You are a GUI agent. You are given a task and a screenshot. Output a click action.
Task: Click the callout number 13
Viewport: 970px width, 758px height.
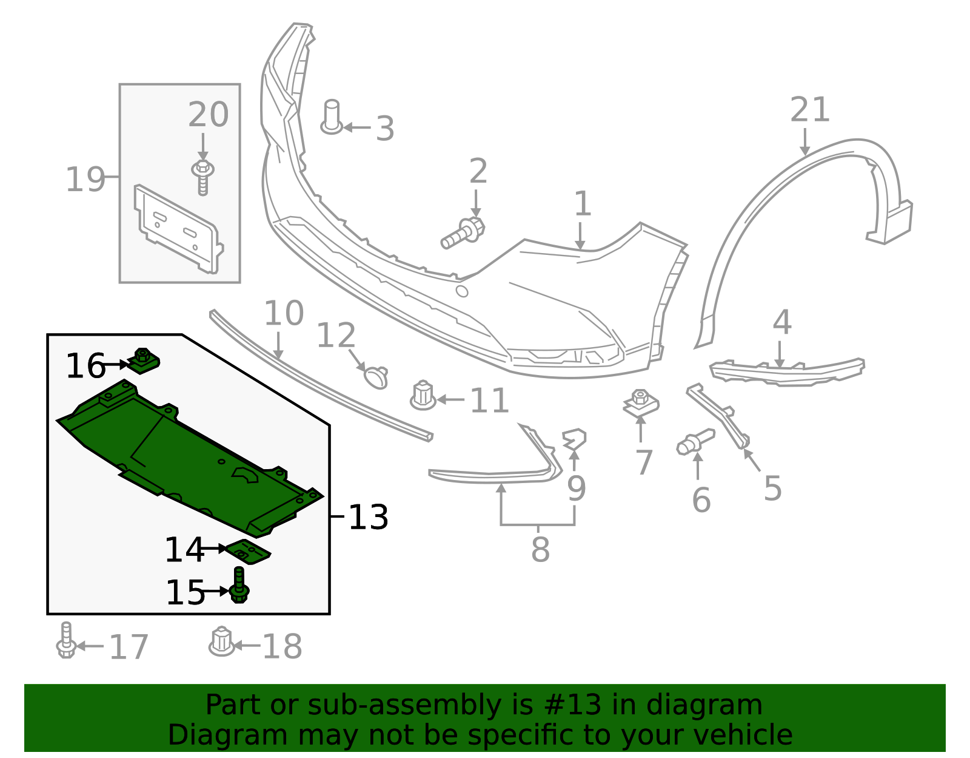click(x=369, y=518)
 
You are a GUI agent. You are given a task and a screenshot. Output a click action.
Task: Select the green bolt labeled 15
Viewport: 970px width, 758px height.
click(x=239, y=586)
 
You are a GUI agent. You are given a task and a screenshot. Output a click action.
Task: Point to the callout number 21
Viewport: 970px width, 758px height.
click(x=809, y=110)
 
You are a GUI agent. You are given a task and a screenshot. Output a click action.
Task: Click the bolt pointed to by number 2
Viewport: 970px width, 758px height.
click(x=463, y=234)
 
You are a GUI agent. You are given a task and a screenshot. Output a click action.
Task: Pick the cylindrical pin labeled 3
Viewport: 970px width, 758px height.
click(x=332, y=117)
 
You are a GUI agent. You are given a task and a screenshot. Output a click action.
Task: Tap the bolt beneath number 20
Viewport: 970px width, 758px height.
click(x=203, y=177)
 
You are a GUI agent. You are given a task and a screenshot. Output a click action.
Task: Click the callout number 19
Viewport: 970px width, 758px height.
click(x=85, y=180)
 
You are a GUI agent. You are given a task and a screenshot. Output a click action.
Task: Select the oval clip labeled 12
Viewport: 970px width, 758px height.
click(x=376, y=377)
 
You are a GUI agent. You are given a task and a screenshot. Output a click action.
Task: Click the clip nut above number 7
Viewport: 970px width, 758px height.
click(x=641, y=403)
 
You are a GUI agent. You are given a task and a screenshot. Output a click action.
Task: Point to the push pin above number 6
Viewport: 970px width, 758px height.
click(x=695, y=442)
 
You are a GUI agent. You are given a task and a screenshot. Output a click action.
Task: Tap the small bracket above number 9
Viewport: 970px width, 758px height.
click(x=574, y=438)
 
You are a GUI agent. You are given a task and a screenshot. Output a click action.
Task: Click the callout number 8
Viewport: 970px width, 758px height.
click(x=540, y=549)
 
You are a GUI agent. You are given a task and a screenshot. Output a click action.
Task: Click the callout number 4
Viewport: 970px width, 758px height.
click(x=782, y=322)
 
